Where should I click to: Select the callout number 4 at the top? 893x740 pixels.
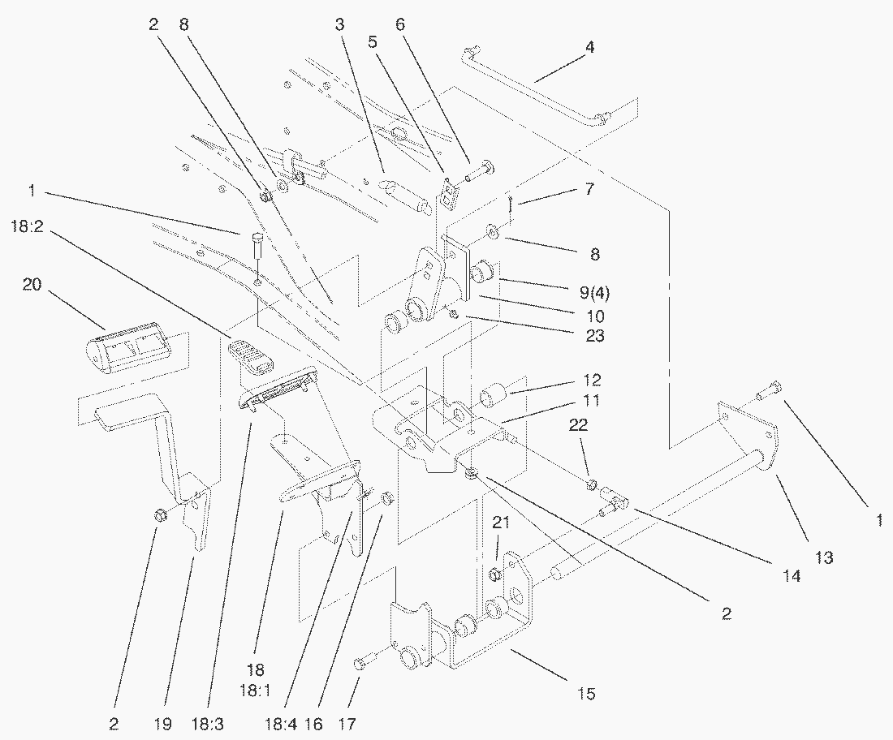[x=590, y=47]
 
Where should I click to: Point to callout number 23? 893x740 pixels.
[x=594, y=336]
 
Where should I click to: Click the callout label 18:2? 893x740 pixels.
[x=28, y=222]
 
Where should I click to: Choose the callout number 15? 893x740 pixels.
[x=586, y=694]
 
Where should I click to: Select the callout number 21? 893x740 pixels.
[x=501, y=524]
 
